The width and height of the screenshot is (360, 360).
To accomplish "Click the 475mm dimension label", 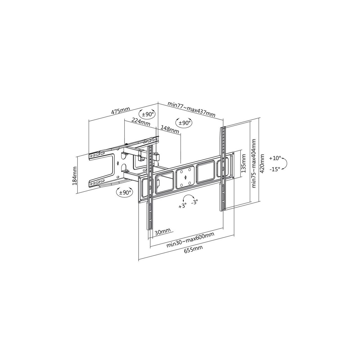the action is (x=120, y=111).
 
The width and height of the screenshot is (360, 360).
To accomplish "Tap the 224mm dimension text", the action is (x=141, y=121).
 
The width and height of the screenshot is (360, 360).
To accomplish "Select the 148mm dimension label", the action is (x=170, y=129).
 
